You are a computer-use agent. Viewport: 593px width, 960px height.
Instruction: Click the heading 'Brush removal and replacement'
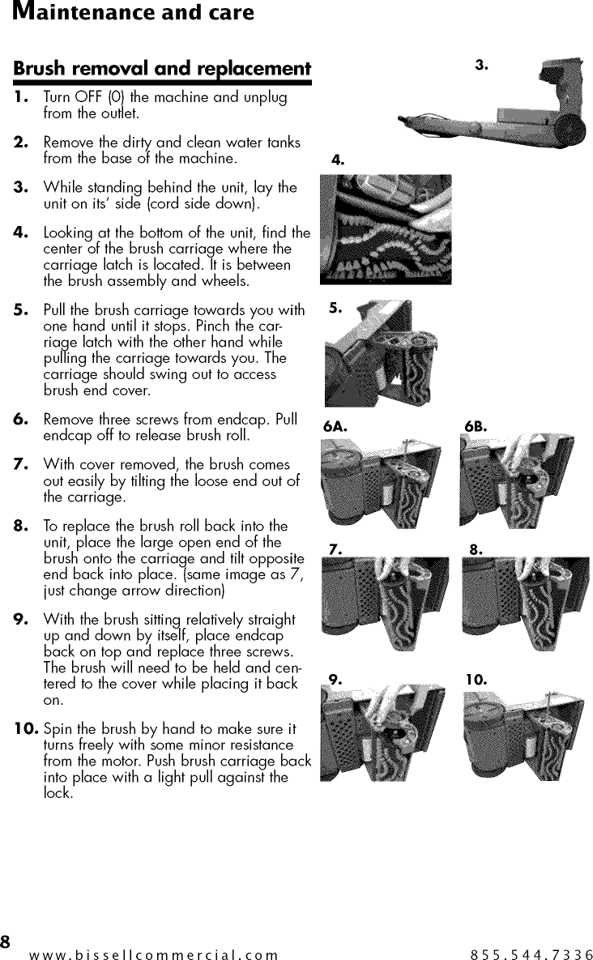pos(162,68)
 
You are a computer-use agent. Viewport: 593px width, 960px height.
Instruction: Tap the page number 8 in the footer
pos(6,942)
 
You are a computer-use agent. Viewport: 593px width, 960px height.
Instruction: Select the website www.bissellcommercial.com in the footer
pos(153,954)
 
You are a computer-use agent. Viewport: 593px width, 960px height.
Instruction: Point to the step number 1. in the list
pos(22,98)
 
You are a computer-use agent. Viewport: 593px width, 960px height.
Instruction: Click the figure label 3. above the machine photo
pos(481,64)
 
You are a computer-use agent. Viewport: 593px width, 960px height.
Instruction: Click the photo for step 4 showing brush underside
pos(386,229)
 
